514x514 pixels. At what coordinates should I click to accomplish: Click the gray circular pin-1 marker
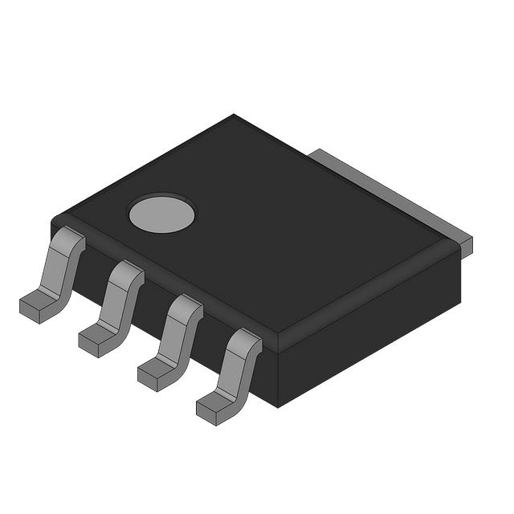coord(162,213)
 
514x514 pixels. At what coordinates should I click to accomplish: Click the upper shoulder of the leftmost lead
coord(68,239)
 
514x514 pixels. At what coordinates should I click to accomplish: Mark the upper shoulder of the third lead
coord(186,306)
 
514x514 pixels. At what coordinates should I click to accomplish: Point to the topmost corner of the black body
coord(234,116)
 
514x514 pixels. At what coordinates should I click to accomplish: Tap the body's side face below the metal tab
coord(377,321)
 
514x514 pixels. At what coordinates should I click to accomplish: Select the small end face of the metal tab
coord(467,247)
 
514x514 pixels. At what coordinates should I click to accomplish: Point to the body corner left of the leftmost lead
coord(53,221)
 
